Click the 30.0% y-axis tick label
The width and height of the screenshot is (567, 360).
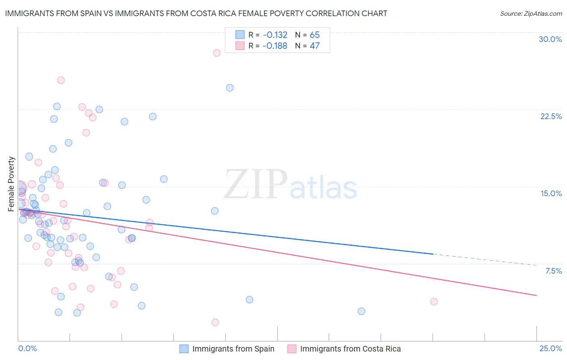tap(550, 39)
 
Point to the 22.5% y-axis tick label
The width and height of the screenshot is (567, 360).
tap(551, 116)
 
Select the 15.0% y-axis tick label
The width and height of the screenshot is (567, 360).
tap(551, 193)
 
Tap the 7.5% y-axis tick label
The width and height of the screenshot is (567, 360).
tap(553, 271)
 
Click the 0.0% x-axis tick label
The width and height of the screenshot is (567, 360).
tap(27, 348)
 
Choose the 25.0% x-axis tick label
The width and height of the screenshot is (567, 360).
tap(550, 348)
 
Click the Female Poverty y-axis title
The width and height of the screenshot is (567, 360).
tap(11, 184)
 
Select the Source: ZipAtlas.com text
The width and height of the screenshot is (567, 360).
tap(531, 14)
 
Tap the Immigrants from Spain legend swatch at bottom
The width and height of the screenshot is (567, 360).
tap(184, 349)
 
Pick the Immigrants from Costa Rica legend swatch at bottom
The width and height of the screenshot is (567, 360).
tap(292, 349)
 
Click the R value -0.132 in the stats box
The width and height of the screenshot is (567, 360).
tap(275, 35)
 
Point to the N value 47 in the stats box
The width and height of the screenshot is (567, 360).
tap(315, 46)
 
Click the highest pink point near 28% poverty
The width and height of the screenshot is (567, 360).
tap(217, 53)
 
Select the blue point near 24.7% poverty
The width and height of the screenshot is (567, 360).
tap(230, 88)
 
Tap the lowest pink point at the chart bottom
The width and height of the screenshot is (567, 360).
tap(215, 322)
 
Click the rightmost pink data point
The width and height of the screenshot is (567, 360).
tap(434, 301)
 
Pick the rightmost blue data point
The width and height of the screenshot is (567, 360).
tap(361, 311)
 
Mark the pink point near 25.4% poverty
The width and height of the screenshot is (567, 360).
tap(61, 80)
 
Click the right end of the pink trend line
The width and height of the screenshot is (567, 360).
tap(536, 295)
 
